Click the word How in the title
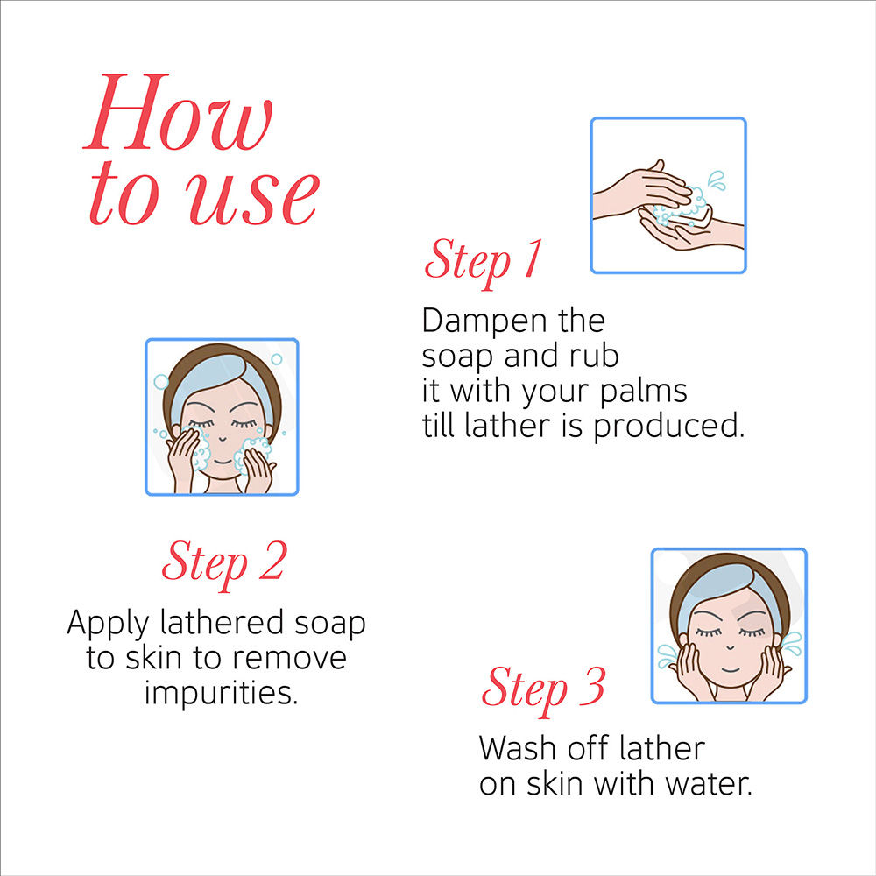click(178, 112)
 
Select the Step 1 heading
click(483, 261)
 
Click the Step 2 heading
click(224, 563)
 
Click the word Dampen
click(484, 321)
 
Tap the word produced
click(668, 427)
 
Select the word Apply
click(109, 625)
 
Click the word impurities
click(222, 694)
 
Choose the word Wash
click(518, 749)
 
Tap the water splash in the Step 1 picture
click(717, 180)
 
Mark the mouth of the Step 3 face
click(730, 668)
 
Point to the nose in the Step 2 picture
click(223, 439)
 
